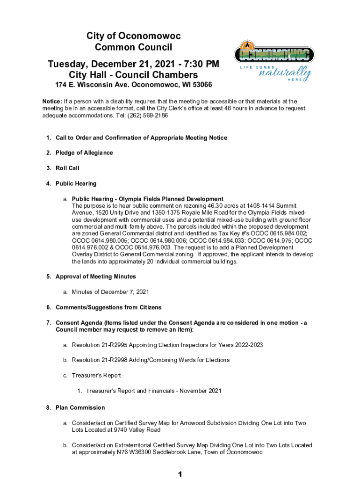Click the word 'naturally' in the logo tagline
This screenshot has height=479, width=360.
285,73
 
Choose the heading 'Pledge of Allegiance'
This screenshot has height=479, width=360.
84,153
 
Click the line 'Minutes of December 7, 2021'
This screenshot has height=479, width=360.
110,292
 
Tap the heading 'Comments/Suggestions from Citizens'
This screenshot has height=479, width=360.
108,307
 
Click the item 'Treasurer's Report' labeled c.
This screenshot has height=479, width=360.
96,375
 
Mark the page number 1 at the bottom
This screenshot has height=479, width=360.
180,474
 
